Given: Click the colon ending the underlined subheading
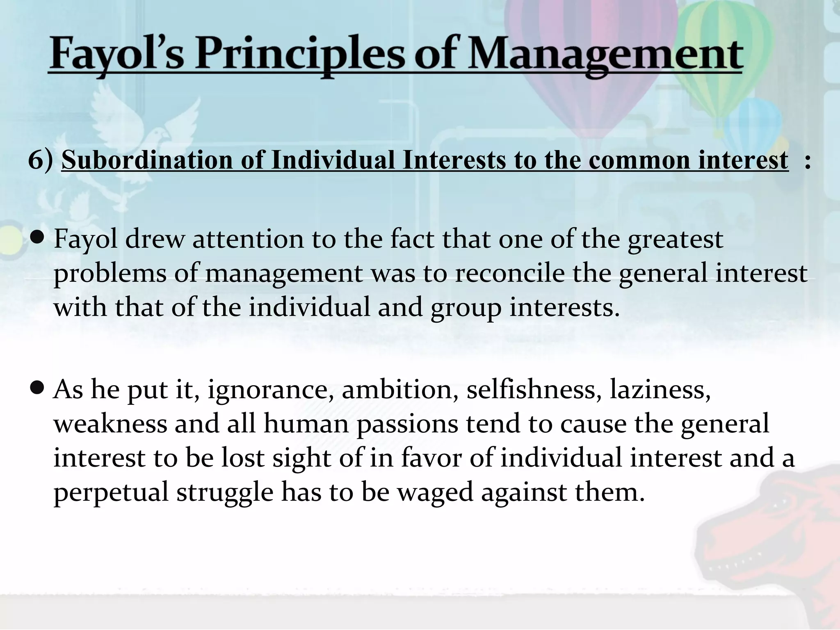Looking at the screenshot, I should [807, 161].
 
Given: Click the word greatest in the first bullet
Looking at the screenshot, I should [675, 239].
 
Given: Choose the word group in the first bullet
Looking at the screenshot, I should [466, 308].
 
